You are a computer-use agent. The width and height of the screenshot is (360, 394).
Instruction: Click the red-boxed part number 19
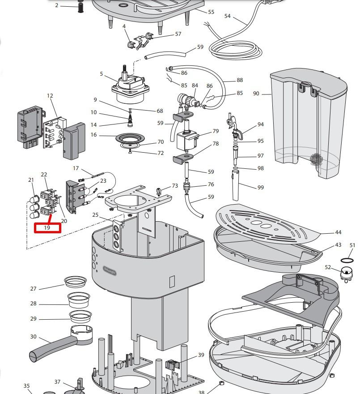point(47,227)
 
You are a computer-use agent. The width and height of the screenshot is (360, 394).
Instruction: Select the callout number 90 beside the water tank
point(256,93)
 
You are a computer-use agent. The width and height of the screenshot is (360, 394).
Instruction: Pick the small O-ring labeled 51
point(347,260)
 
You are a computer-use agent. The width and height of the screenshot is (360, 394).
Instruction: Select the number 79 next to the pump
point(216,131)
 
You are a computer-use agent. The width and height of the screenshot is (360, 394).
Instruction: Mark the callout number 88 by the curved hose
point(240,80)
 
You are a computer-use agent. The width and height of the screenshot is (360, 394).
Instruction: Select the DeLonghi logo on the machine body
point(110,270)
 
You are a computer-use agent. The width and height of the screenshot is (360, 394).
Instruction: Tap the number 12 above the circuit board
point(50,96)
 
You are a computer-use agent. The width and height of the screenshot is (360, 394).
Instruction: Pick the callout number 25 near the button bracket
point(95,215)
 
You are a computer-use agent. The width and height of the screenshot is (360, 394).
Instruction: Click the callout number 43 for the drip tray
point(338,245)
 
